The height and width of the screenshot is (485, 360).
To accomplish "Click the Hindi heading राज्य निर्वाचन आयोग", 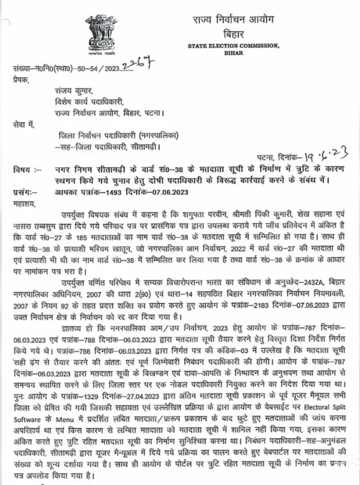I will click(x=233, y=21).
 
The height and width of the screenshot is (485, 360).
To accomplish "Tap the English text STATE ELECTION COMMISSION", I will click(x=234, y=46).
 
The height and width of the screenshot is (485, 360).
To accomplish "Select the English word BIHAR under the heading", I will click(x=233, y=53).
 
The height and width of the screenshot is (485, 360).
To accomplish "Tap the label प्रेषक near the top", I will click(x=22, y=81).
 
